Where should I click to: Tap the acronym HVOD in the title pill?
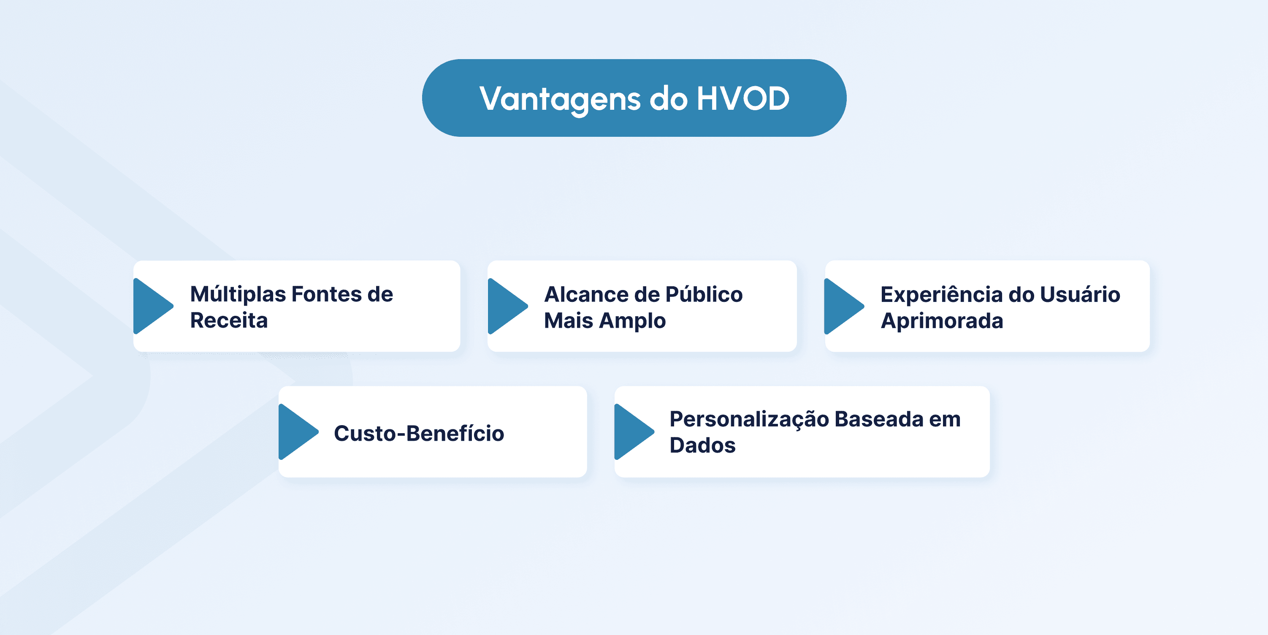point(743,98)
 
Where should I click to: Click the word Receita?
point(229,320)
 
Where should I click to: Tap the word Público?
point(704,294)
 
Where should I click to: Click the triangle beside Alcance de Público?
point(507,306)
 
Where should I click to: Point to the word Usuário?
point(1080,294)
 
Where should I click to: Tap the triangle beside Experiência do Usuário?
point(844,306)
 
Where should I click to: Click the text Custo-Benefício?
point(419,434)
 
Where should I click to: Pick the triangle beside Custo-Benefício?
point(298,431)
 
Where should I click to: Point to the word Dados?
point(702,445)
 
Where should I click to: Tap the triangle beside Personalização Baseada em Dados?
point(634,431)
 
